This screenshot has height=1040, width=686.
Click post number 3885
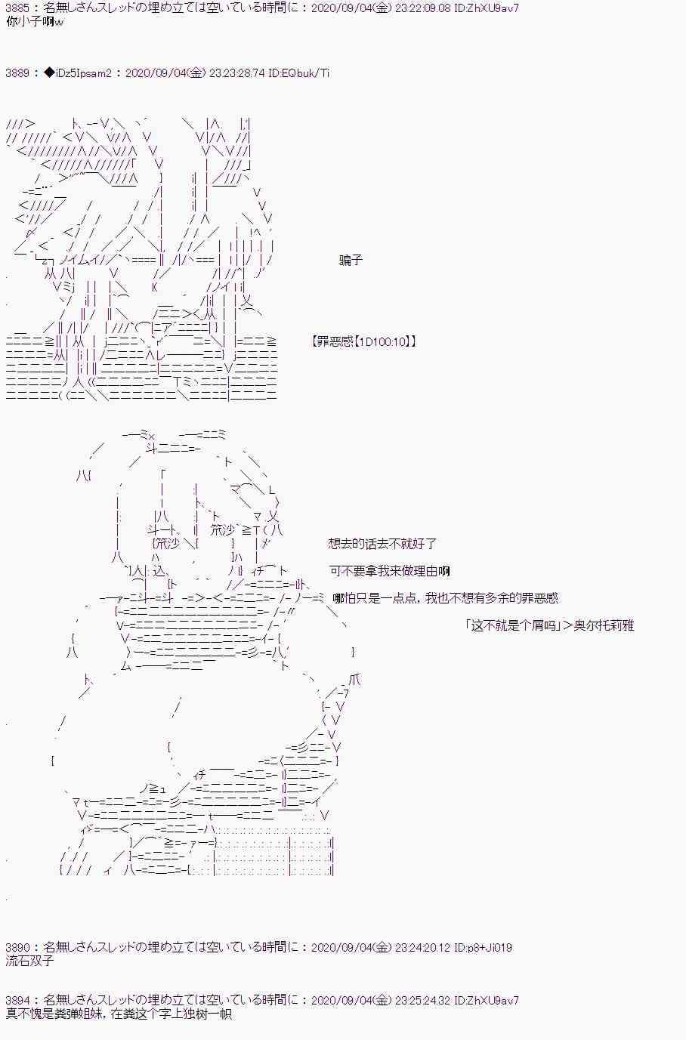[17, 9]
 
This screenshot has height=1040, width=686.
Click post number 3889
[17, 73]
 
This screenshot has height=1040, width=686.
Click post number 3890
[17, 947]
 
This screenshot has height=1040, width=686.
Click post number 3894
[17, 1001]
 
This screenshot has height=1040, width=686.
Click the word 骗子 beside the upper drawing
[351, 260]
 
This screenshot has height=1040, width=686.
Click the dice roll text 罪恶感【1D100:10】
[363, 341]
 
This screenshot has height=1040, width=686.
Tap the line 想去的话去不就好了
[382, 544]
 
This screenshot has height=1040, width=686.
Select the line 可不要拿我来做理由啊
[389, 571]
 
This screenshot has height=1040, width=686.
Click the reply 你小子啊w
[34, 22]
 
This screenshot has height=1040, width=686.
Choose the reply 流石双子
[29, 961]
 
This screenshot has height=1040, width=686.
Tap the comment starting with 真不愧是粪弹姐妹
[117, 1014]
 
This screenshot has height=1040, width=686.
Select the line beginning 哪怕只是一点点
[445, 598]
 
